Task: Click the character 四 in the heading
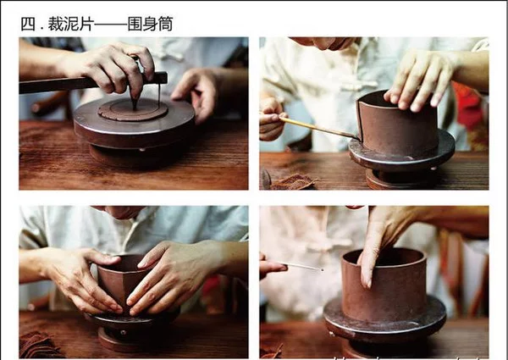pyautogui.click(x=28, y=24)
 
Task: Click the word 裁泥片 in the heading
pyautogui.click(x=71, y=24)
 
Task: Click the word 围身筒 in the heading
pyautogui.click(x=150, y=24)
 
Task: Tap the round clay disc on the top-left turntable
pyautogui.click(x=133, y=109)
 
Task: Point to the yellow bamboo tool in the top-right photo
pyautogui.click(x=318, y=128)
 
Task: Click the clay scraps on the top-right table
pyautogui.click(x=294, y=182)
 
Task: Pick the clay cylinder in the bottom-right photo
pyautogui.click(x=384, y=285)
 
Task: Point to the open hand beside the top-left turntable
pyautogui.click(x=196, y=95)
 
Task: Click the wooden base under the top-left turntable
pyautogui.click(x=136, y=156)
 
